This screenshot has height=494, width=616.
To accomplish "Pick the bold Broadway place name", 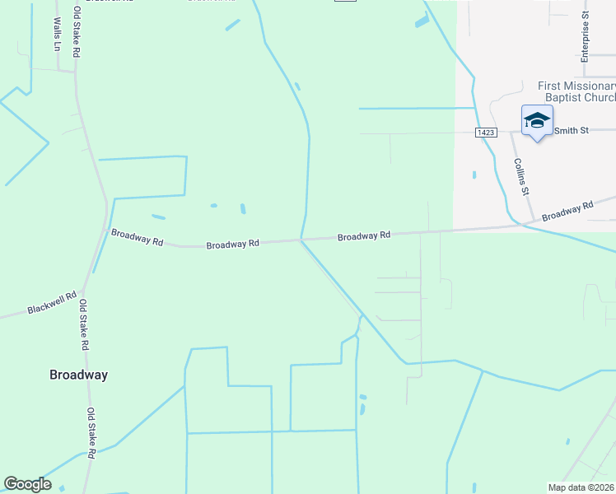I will click(x=78, y=375).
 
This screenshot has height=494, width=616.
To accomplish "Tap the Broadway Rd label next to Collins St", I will click(x=567, y=211).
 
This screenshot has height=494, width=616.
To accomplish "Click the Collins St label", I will click(x=521, y=177).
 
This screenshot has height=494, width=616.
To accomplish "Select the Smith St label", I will click(x=570, y=130).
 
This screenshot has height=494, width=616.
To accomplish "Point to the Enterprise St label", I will click(x=586, y=38).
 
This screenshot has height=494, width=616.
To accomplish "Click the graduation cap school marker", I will click(x=537, y=121).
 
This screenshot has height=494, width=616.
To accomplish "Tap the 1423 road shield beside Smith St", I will click(x=485, y=132).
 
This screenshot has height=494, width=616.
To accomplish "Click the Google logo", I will click(x=27, y=484).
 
